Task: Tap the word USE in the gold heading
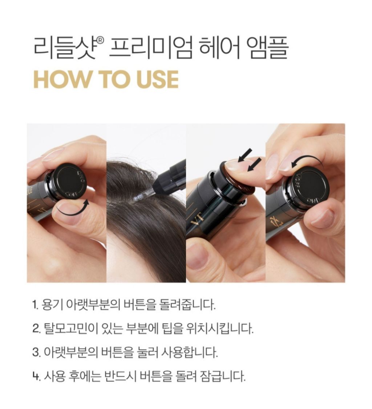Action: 157,79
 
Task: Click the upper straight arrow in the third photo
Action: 245,155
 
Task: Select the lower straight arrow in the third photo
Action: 254,164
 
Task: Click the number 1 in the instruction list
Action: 35,305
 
